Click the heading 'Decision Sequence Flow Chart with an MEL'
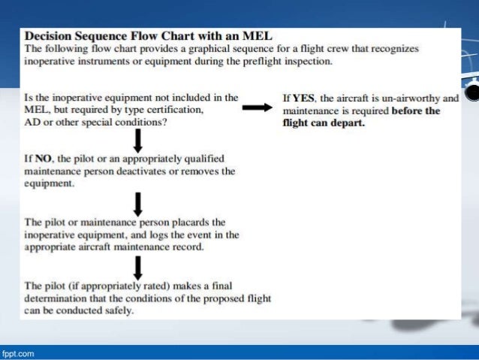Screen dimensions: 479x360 click(x=149, y=35)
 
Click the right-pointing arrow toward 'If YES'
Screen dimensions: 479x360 click(x=255, y=109)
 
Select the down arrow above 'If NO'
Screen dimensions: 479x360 click(x=137, y=140)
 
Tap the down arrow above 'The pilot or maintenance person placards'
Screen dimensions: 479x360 click(x=137, y=203)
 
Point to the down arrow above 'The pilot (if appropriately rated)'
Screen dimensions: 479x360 click(x=137, y=265)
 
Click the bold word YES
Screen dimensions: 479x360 click(x=304, y=98)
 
